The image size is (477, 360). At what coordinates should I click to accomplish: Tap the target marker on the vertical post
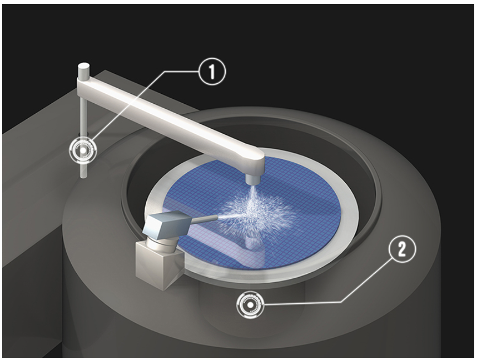tap(83, 149)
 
